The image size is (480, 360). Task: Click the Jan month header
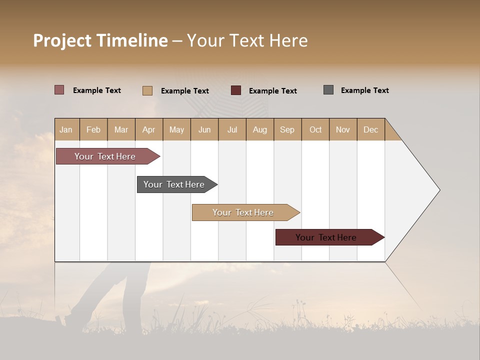coord(66,129)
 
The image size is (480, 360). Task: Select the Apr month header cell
coord(148,129)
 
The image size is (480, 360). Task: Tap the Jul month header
coord(232,129)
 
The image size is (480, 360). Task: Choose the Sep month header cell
coord(287,129)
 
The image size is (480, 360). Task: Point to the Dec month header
coord(370,129)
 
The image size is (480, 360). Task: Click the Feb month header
coord(93,129)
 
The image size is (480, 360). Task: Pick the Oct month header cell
coord(315,129)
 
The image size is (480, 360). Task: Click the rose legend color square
coord(59,90)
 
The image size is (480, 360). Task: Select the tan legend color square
coord(147,90)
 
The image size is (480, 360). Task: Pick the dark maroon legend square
coord(236,90)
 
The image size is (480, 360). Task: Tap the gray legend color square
coord(328,90)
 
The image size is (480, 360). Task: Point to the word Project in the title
coord(62,40)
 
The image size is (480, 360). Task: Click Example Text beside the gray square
coord(364,90)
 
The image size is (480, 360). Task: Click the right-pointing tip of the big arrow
coord(438,190)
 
